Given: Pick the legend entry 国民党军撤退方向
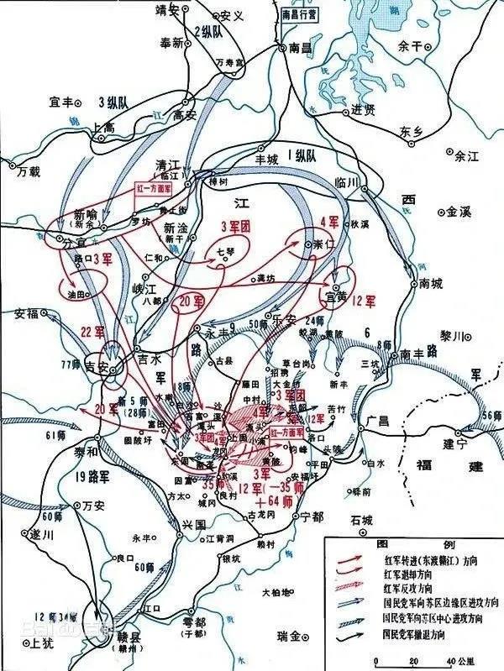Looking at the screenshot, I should tap(425, 631).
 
